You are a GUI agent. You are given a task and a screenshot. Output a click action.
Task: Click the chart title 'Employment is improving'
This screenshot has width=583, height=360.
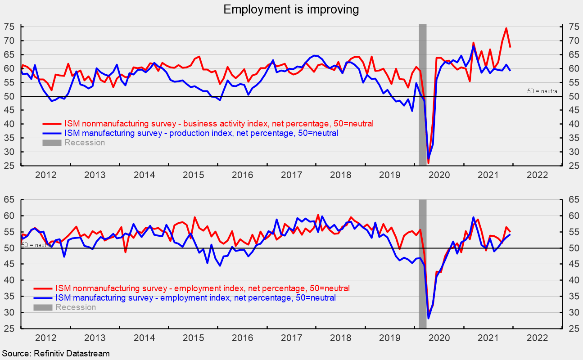click(x=291, y=9)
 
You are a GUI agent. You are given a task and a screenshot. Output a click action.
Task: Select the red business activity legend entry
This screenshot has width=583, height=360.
click(x=219, y=123)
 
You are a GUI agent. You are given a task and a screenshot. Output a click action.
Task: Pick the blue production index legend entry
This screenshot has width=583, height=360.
click(x=201, y=133)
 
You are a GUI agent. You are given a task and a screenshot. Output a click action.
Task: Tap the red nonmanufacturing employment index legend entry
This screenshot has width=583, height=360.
click(x=202, y=288)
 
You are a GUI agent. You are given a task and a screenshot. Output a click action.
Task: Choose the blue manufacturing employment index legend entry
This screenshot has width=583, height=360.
click(x=195, y=298)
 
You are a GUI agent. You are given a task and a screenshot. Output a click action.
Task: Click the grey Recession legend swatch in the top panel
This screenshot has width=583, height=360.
click(x=52, y=143)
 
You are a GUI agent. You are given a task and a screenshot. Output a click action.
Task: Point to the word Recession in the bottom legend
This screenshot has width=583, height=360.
click(x=75, y=307)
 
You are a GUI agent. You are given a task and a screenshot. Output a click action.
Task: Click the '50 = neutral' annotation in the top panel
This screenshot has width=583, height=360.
click(x=543, y=91)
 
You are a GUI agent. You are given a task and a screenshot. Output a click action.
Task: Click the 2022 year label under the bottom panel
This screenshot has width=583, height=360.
click(x=537, y=337)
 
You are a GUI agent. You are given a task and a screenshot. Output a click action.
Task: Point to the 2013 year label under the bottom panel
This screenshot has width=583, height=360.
click(x=95, y=337)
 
